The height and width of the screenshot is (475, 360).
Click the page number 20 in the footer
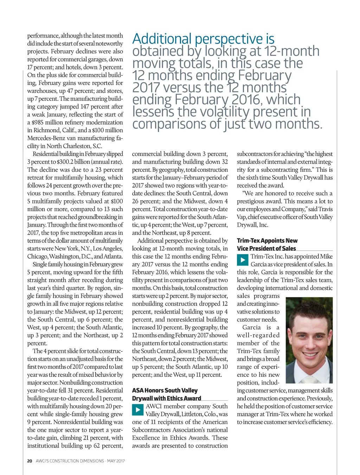[30, 461]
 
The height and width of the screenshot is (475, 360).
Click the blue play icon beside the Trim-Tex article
[243, 260]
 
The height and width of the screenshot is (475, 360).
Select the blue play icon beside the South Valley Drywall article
[138, 410]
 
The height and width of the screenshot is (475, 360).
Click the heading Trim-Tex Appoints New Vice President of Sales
[267, 245]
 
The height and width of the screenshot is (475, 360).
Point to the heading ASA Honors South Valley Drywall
[166, 394]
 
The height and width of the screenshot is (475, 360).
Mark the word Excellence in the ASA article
[145, 438]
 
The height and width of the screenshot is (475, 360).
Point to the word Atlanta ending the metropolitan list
[113, 256]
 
